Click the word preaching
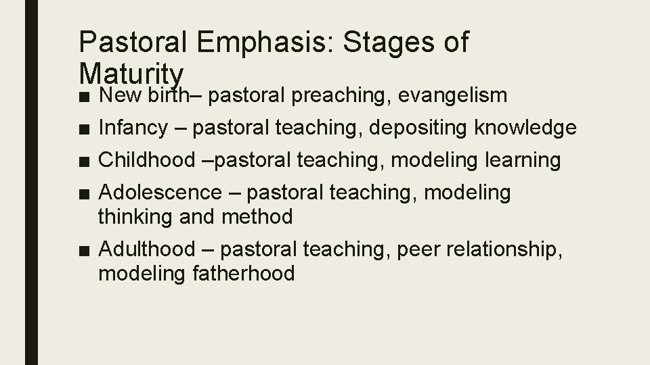[327, 96]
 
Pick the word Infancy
[137, 128]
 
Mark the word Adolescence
[160, 193]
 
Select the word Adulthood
[146, 249]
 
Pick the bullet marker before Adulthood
[83, 250]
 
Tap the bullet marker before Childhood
[83, 161]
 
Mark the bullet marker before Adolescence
[83, 193]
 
